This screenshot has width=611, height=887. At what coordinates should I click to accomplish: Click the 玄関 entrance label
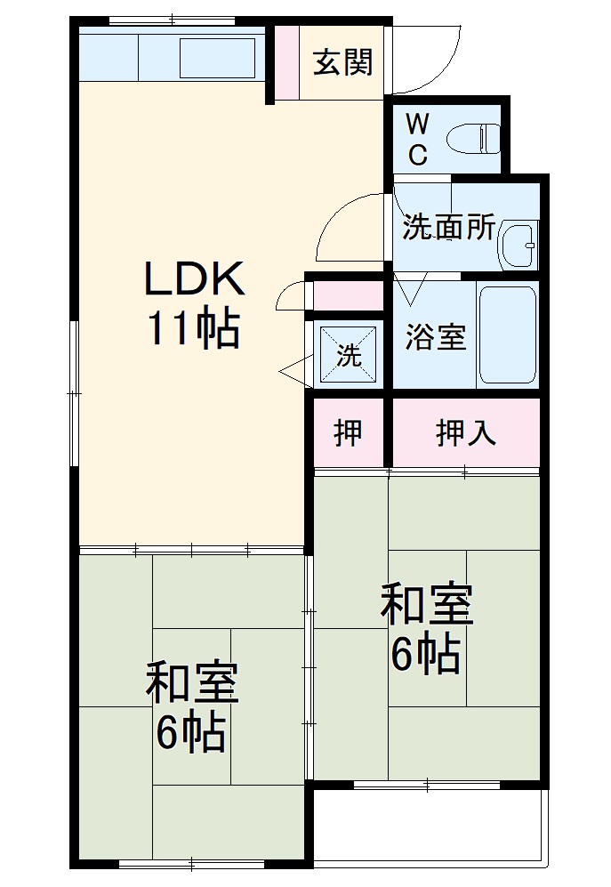[x=342, y=63]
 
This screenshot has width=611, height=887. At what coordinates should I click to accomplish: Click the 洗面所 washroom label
[x=448, y=228]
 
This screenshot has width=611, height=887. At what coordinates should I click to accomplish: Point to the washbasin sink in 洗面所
[x=519, y=242]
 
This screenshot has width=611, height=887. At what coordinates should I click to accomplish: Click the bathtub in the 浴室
[x=507, y=335]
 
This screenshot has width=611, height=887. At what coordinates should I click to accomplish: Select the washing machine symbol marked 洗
[x=348, y=354]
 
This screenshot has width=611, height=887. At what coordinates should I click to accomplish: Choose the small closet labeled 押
[x=348, y=432]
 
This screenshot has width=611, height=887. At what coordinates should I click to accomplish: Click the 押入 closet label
[x=465, y=432]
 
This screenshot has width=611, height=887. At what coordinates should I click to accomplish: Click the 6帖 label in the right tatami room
[x=426, y=656]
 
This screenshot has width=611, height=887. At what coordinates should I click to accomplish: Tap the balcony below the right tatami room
[x=429, y=824]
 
